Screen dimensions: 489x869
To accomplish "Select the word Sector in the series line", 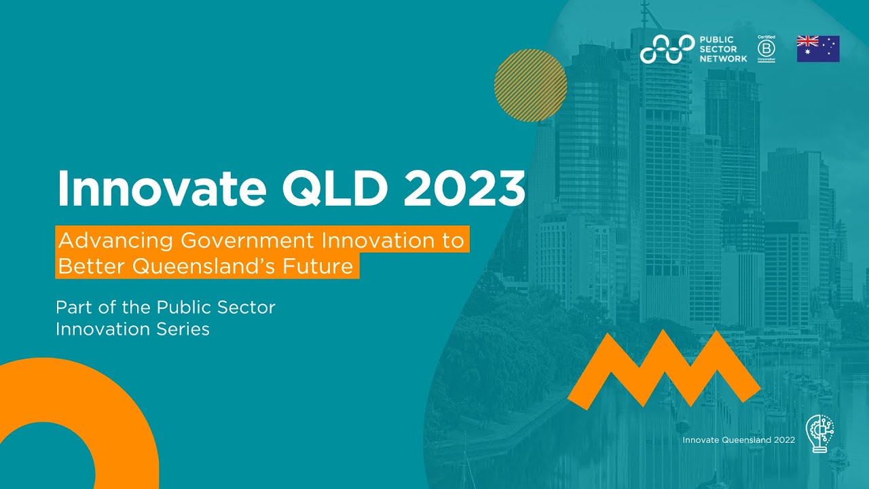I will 243,307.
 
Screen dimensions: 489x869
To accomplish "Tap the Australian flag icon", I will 818,49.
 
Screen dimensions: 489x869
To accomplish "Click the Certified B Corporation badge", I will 766,49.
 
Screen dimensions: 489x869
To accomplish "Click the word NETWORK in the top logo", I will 723,58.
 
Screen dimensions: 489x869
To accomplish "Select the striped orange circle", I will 530,86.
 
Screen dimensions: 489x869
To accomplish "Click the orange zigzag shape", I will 664,370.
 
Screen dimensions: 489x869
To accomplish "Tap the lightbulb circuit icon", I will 819,433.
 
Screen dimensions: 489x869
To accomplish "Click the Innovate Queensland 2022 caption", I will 739,440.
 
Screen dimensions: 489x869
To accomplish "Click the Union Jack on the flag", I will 807,41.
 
